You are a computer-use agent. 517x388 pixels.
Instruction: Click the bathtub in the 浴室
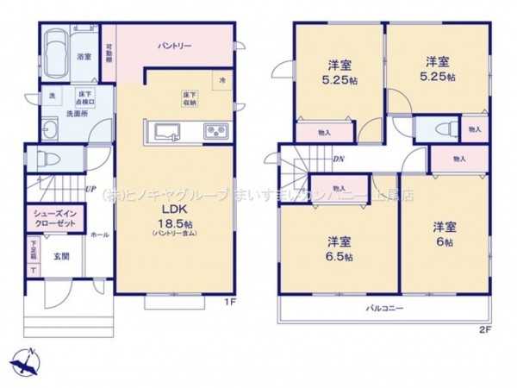pyautogui.click(x=56, y=53)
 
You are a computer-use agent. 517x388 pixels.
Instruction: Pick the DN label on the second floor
pyautogui.click(x=339, y=159)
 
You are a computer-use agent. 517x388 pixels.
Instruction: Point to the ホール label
pyautogui.click(x=98, y=234)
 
